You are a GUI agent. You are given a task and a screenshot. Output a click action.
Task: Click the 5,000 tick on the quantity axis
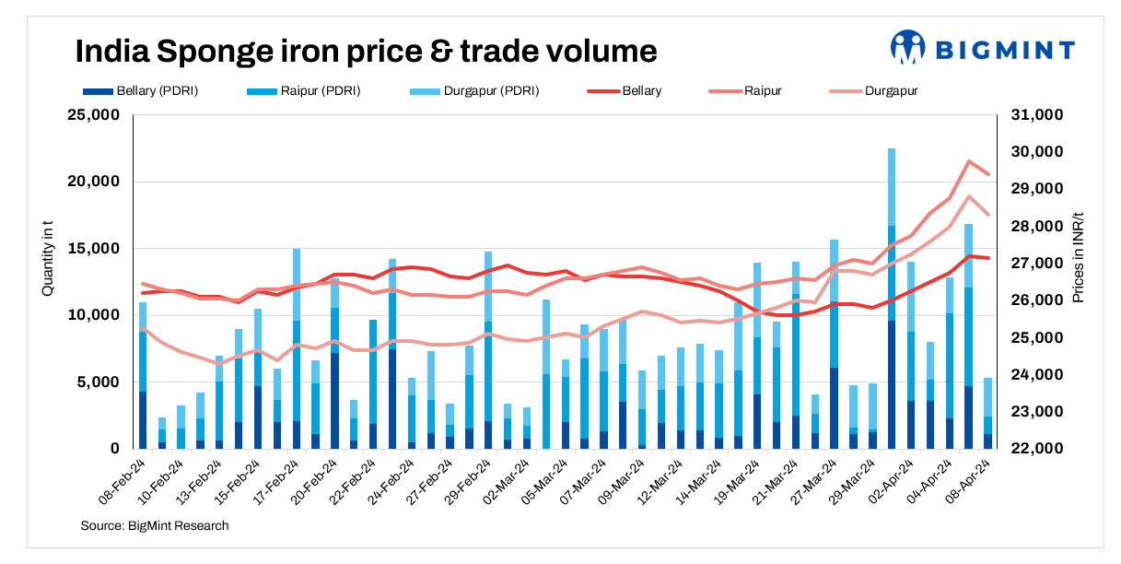coord(99,382)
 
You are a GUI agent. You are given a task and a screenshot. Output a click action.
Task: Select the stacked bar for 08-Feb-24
coord(143,378)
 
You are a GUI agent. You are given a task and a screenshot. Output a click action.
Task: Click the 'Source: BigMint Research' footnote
coord(155,525)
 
